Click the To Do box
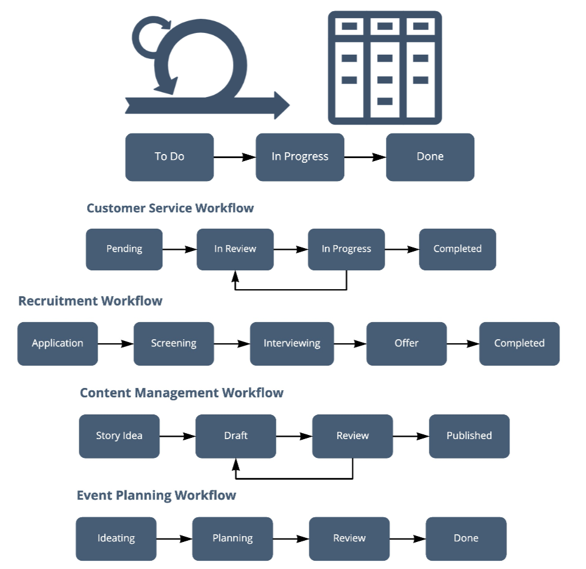[x=169, y=157]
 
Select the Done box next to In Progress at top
[x=429, y=157]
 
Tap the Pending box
[x=124, y=249]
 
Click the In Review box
[x=235, y=249]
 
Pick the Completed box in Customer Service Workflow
[x=457, y=249]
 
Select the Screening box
[x=174, y=343]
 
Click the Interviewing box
[x=292, y=343]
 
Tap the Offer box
[x=406, y=343]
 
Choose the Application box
[x=57, y=343]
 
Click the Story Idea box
[x=119, y=436]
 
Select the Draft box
[x=235, y=436]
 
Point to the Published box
[x=469, y=436]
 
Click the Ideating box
[x=116, y=538]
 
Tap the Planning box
[x=232, y=538]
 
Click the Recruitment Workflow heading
[x=90, y=301]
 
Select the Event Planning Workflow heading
[x=157, y=496]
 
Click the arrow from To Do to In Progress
[x=234, y=157]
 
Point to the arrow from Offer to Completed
[x=462, y=343]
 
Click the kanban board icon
[x=385, y=68]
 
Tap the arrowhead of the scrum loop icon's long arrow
[x=281, y=105]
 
